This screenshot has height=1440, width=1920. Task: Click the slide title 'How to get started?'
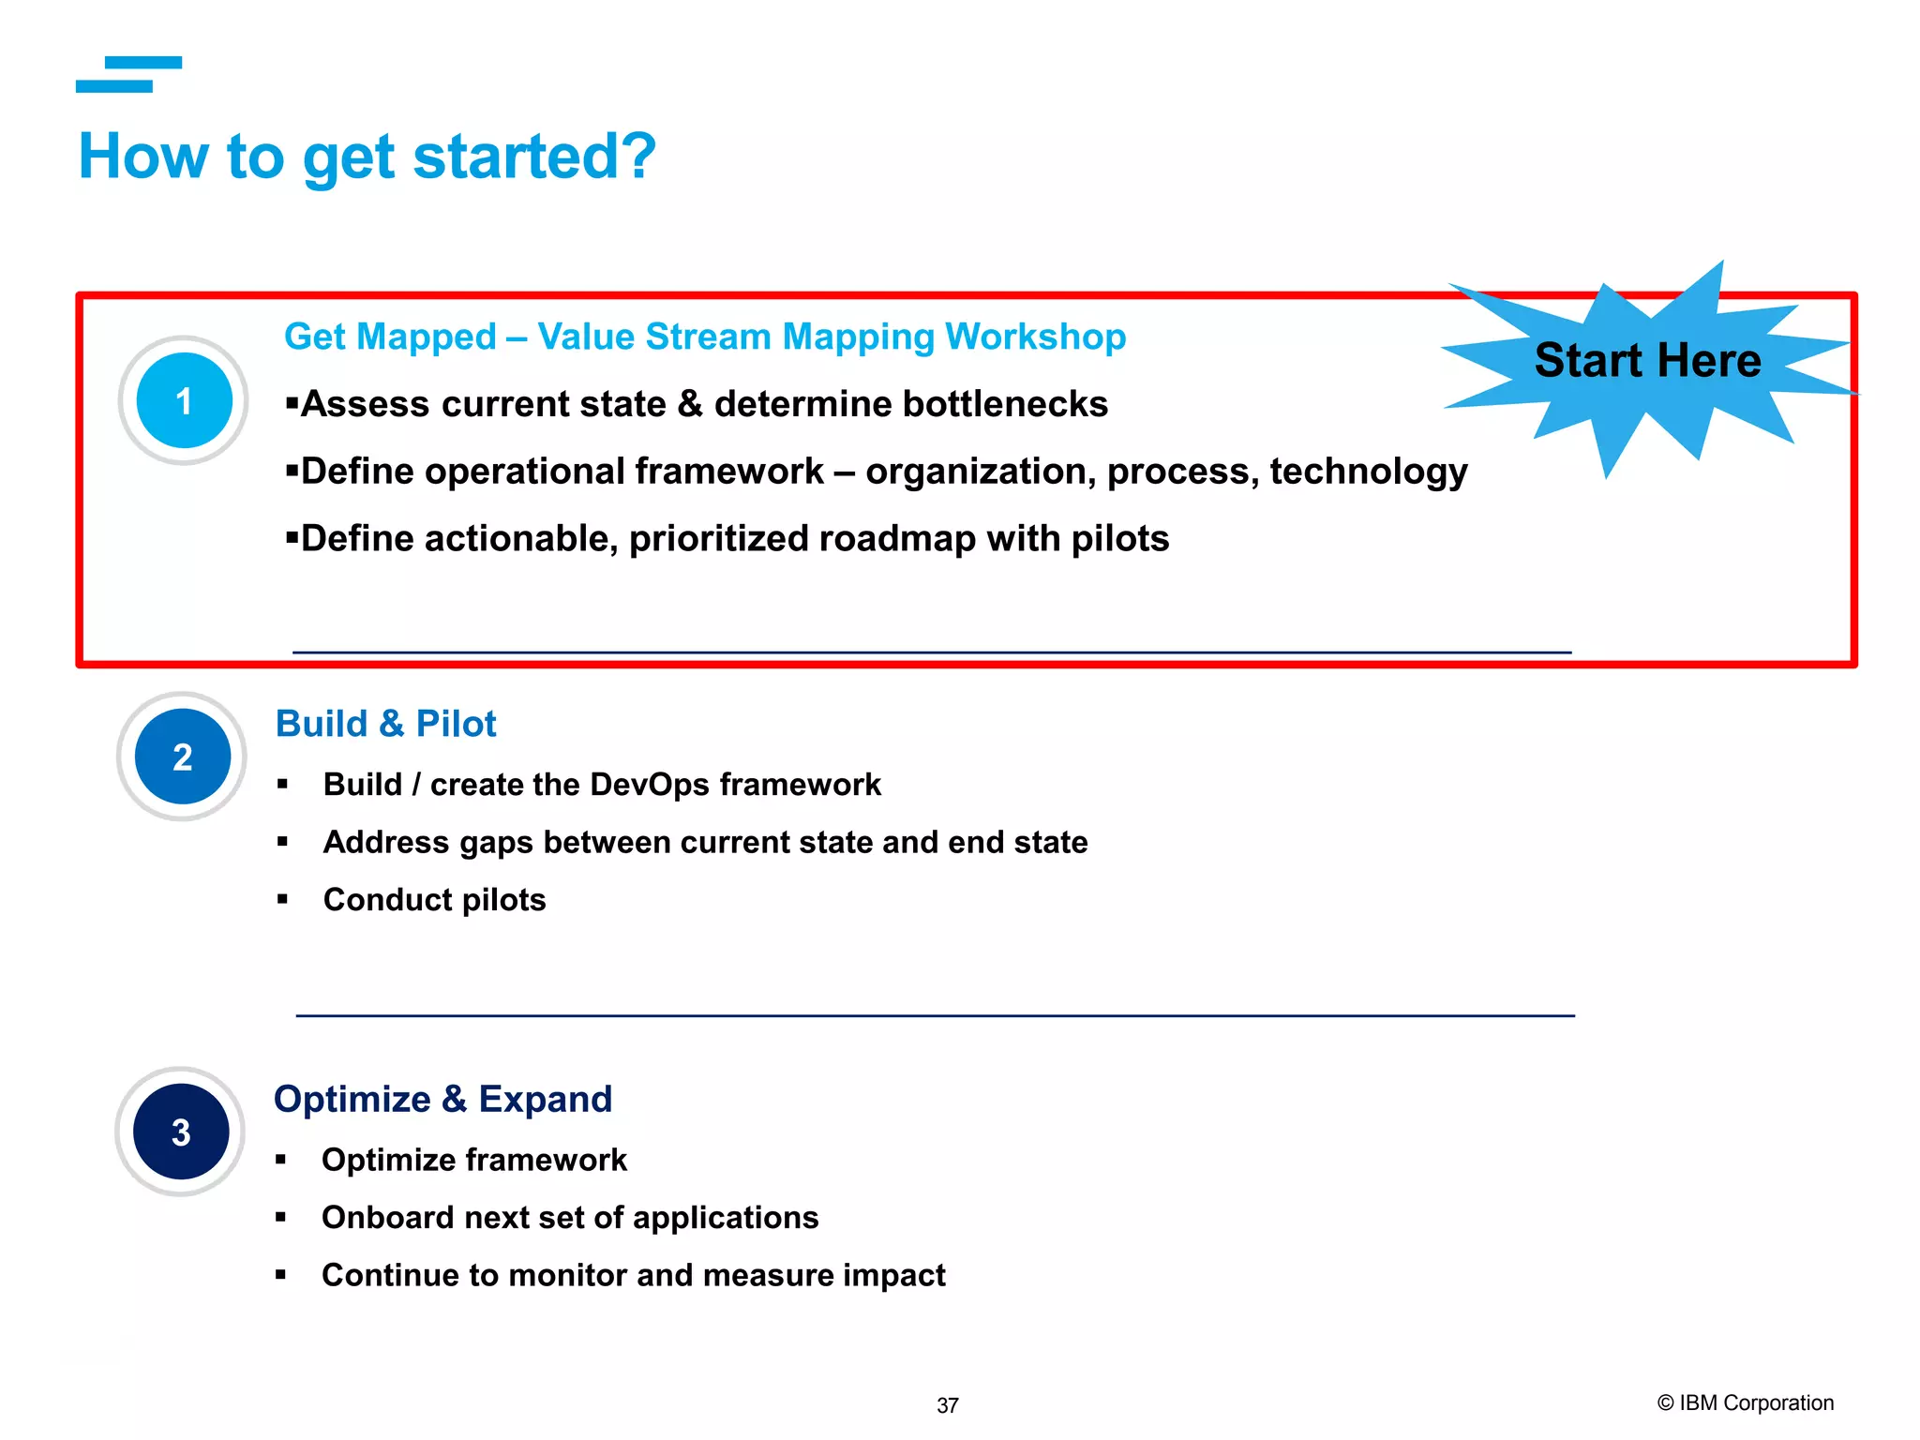(367, 157)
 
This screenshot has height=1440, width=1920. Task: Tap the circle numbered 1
(184, 400)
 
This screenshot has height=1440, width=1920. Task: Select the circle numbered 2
(183, 757)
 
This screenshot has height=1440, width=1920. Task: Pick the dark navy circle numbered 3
(181, 1132)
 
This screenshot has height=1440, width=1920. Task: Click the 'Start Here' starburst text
(1647, 361)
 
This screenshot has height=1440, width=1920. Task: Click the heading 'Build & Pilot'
(385, 724)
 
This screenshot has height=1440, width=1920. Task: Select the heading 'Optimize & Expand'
(442, 1099)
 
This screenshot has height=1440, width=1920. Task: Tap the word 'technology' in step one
(1368, 472)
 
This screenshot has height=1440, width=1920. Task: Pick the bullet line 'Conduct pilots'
(434, 900)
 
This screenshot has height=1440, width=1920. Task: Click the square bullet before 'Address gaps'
(282, 842)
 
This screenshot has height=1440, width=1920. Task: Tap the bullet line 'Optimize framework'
(473, 1161)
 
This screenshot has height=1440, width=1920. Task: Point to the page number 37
(948, 1405)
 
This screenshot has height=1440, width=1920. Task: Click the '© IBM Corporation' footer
(1745, 1402)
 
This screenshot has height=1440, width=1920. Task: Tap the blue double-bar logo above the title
(128, 74)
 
